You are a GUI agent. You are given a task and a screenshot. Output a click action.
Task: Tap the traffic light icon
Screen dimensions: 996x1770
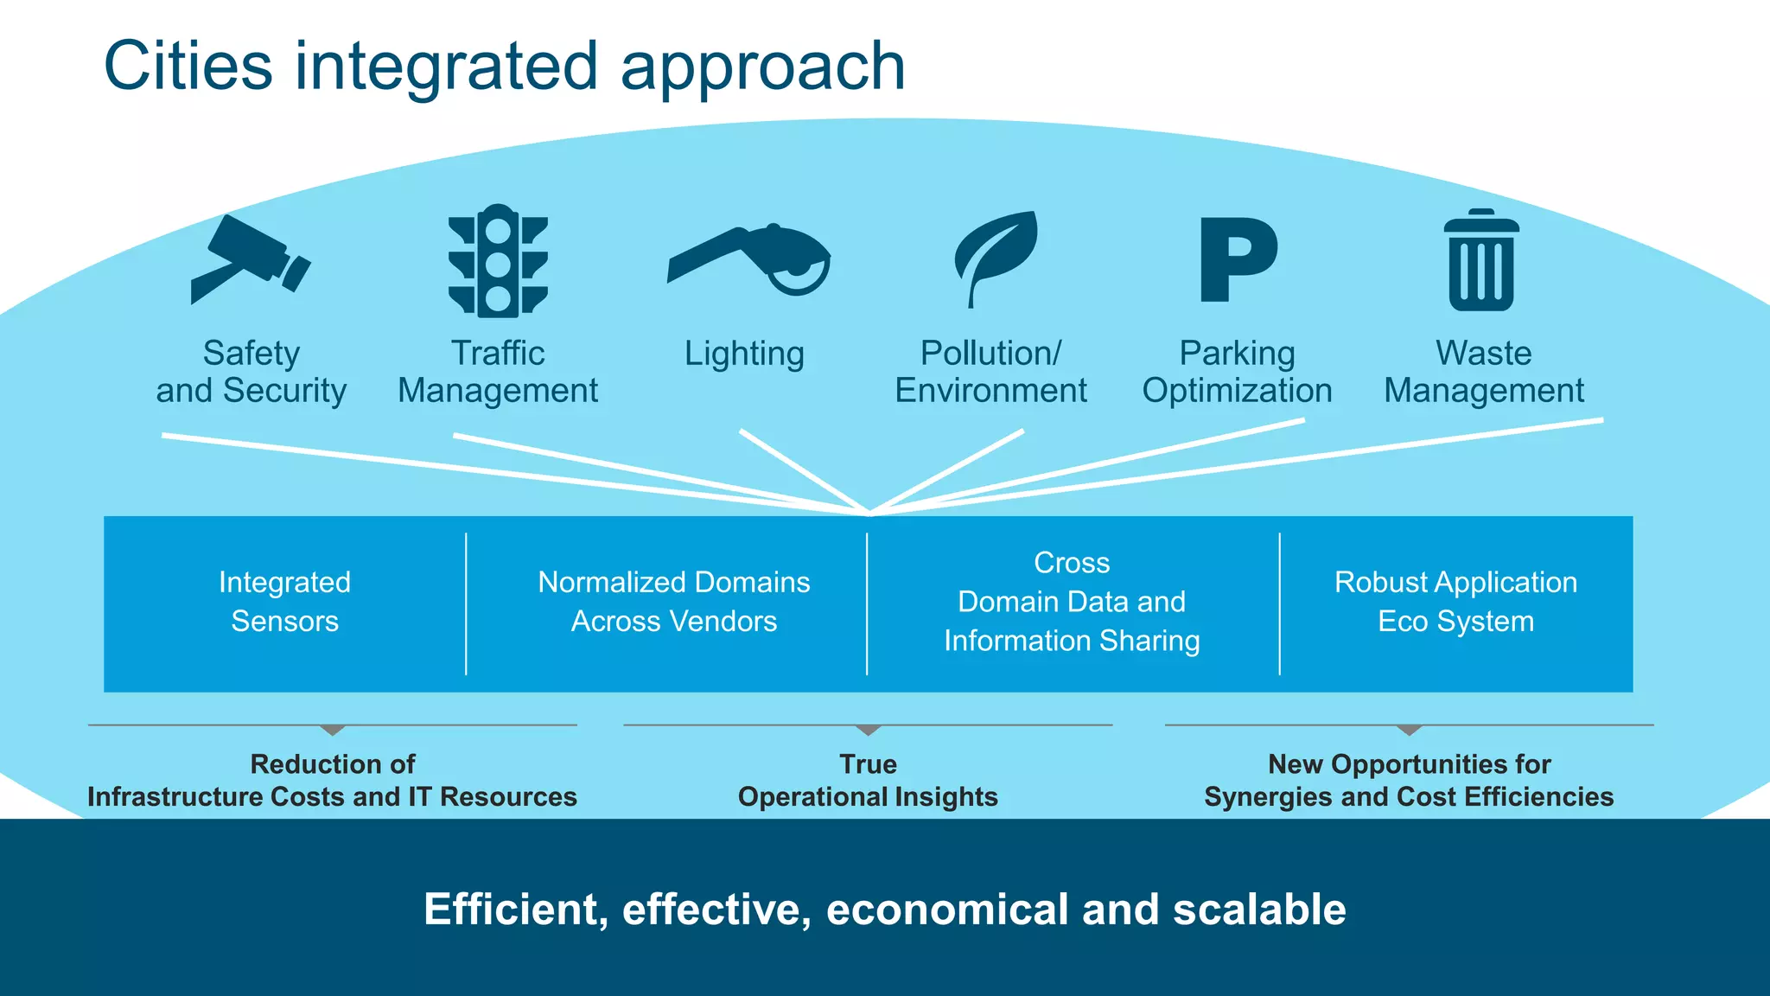pos(498,260)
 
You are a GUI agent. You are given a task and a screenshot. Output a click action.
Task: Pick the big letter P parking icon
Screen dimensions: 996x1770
pos(1238,259)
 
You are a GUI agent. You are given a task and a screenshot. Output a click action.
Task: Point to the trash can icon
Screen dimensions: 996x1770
pos(1481,261)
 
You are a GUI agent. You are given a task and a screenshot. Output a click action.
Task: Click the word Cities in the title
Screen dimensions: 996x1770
pos(188,67)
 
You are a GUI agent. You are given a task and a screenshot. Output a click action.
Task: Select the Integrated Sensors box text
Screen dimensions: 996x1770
pos(284,602)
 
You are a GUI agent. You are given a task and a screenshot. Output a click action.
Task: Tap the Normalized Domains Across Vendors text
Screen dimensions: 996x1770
pos(673,602)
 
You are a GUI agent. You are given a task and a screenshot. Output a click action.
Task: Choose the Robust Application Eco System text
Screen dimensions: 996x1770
pos(1455,602)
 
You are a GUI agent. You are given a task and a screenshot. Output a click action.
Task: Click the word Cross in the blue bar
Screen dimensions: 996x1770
pos(1072,563)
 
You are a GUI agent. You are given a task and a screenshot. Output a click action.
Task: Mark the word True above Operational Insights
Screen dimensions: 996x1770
pos(868,764)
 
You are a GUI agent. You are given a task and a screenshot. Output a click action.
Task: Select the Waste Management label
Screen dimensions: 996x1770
pos(1483,372)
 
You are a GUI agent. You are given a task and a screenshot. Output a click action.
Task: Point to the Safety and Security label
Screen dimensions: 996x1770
pos(251,372)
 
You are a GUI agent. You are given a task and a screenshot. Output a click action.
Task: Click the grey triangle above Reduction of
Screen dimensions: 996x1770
pos(333,731)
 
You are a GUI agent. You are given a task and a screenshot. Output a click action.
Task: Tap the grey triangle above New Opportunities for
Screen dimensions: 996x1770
pos(1409,731)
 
